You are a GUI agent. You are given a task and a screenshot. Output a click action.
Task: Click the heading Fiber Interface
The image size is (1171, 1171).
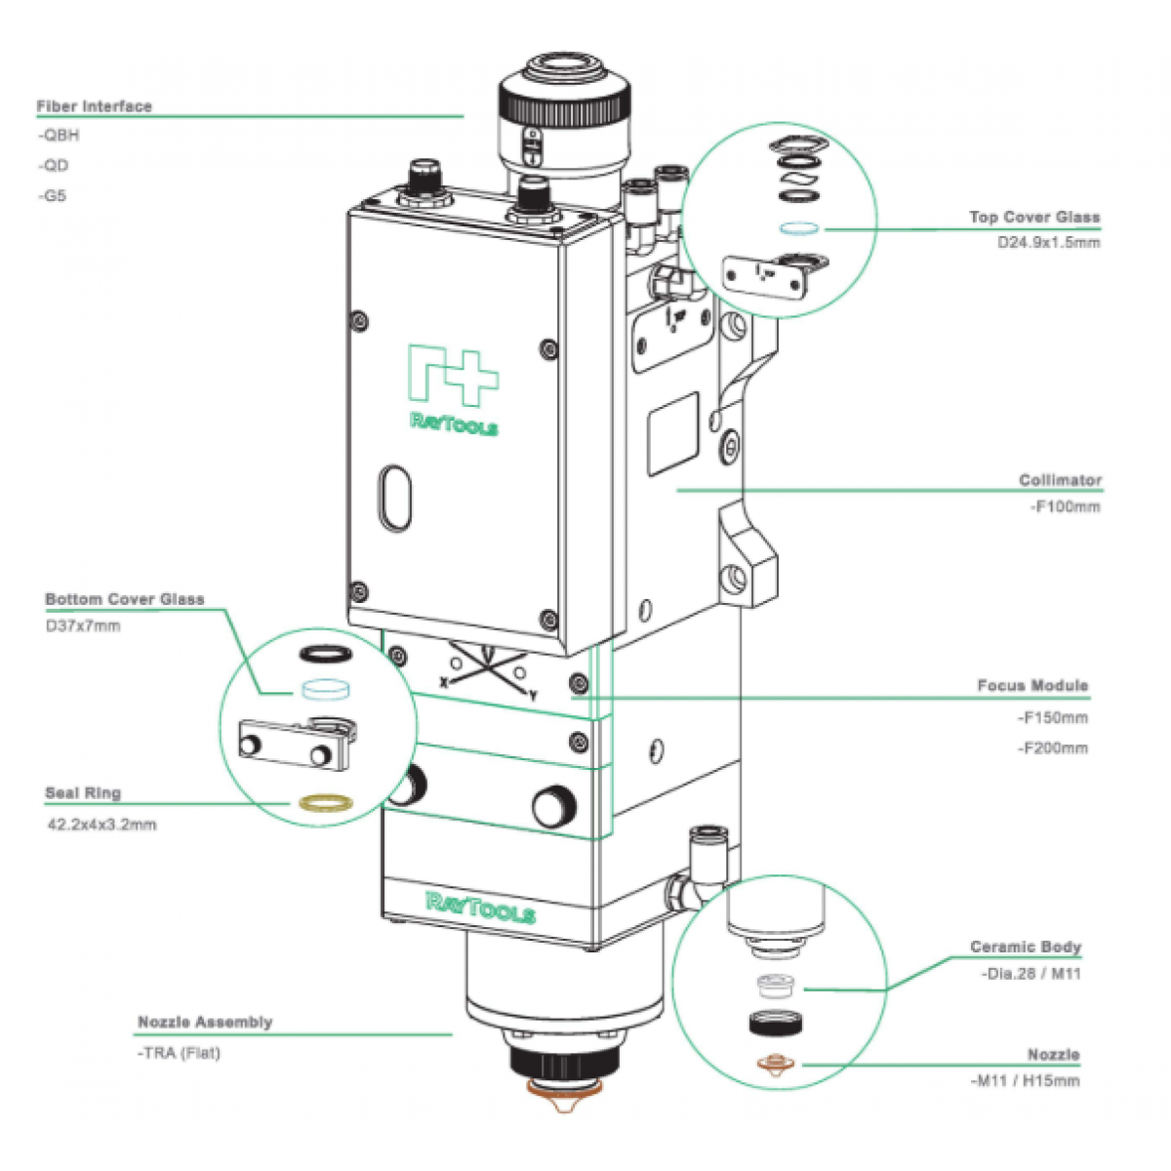95,106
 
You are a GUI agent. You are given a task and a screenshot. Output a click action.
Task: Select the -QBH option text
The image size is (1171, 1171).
59,136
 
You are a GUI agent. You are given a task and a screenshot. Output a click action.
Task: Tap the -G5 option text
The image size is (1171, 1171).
53,196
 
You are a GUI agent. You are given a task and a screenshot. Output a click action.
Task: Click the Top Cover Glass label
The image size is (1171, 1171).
1034,218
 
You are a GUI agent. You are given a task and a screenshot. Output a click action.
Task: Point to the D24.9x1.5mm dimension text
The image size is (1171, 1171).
1048,242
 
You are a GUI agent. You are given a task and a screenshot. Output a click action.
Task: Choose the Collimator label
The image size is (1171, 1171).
1060,480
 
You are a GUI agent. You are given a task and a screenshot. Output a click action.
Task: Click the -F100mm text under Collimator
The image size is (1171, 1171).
1066,506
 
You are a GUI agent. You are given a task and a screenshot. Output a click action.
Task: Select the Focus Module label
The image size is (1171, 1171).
1032,686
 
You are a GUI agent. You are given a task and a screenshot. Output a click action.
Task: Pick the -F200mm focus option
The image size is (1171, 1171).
1053,748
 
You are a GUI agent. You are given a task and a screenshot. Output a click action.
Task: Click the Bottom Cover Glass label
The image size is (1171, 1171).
125,599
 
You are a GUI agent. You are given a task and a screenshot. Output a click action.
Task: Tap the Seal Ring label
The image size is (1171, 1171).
83,793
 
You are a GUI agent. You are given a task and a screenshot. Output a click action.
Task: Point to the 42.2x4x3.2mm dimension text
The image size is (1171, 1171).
101,825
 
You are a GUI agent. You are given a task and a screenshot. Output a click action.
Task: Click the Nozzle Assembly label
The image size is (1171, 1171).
205,1023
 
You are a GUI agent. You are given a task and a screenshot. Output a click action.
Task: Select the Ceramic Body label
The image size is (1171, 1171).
1026,947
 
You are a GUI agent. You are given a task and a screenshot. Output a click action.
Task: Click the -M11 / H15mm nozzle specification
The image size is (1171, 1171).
1026,1081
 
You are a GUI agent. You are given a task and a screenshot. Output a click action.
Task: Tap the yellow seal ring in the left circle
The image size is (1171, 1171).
325,803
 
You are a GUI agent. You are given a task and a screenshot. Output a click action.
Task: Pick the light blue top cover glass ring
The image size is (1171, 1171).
800,229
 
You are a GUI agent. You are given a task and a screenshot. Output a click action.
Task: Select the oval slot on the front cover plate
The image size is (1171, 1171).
395,498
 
